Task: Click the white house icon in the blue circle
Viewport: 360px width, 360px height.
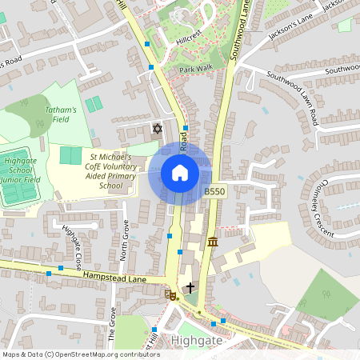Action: pyautogui.click(x=180, y=172)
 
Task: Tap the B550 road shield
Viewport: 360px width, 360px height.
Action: pyautogui.click(x=214, y=192)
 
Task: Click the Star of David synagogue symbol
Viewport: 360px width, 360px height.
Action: pyautogui.click(x=156, y=128)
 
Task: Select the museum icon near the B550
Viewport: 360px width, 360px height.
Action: pyautogui.click(x=212, y=242)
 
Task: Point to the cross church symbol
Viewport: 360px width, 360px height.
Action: pyautogui.click(x=190, y=286)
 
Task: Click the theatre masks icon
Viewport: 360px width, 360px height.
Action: pyautogui.click(x=170, y=295)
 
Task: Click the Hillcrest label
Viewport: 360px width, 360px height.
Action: pyautogui.click(x=192, y=38)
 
